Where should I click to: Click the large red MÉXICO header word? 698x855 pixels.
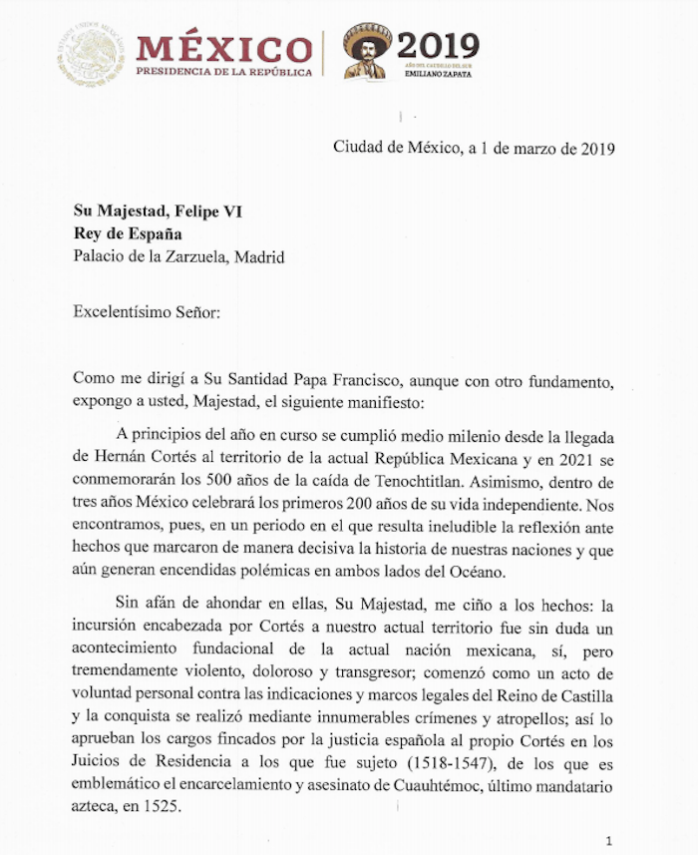223,47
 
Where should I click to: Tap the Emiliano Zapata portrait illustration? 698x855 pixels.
366,51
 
